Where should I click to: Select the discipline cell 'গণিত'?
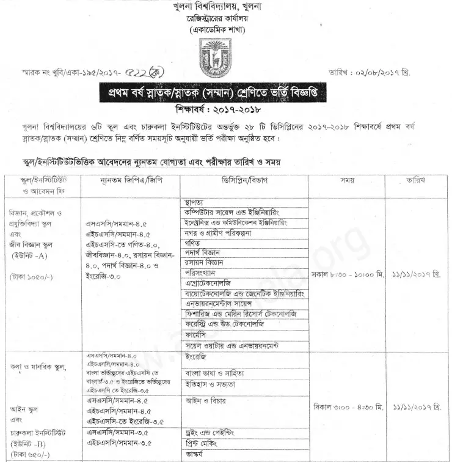[x=194, y=243]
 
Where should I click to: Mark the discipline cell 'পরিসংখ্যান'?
[x=201, y=273]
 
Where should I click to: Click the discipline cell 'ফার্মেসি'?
[x=197, y=335]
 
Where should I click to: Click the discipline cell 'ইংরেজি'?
[x=196, y=356]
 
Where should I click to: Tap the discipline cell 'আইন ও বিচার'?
[x=205, y=401]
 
